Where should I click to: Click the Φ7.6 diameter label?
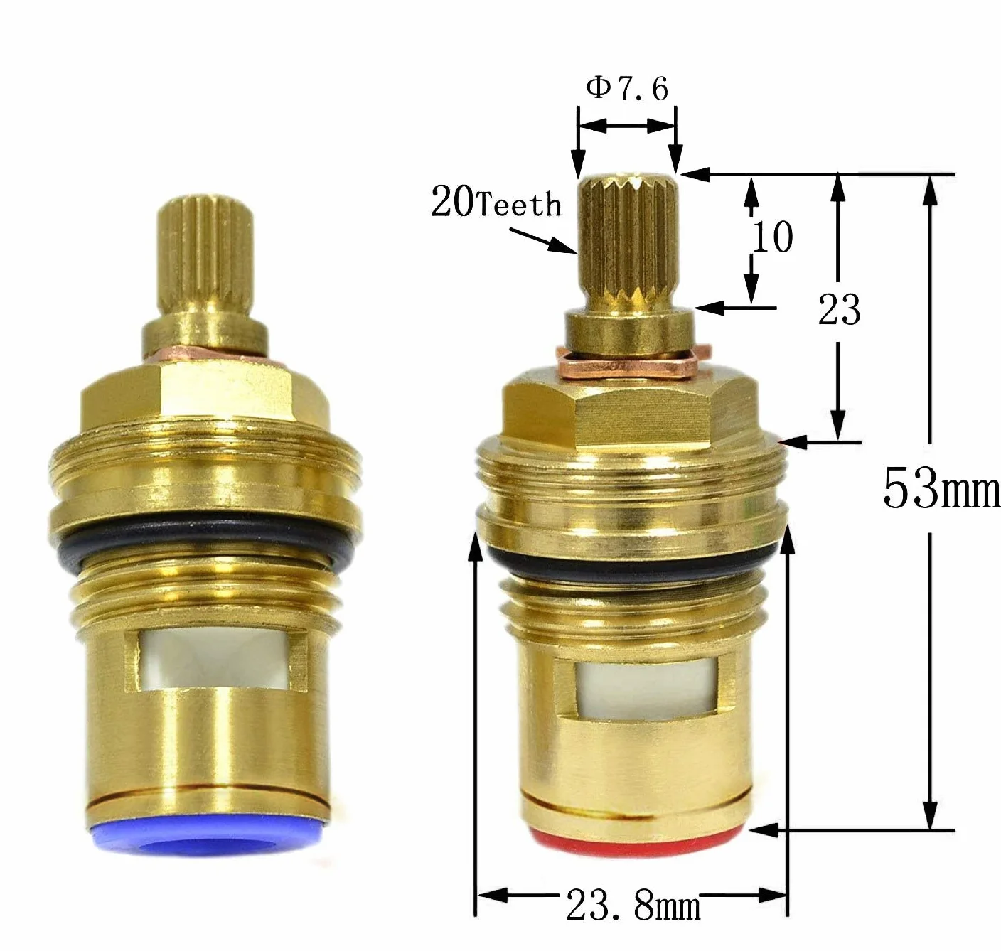pos(627,89)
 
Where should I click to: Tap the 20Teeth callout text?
pos(496,203)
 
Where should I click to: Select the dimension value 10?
pos(772,236)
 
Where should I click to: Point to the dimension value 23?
pos(839,309)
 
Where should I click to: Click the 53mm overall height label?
pos(941,489)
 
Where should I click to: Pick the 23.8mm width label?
pos(633,906)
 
